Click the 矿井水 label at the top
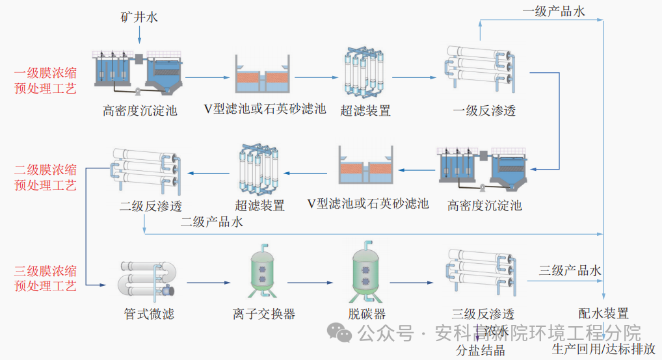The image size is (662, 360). point(139,18)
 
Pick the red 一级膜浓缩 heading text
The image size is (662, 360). point(45,73)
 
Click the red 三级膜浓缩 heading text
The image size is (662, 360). point(45,270)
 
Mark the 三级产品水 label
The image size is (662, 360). point(570,270)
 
